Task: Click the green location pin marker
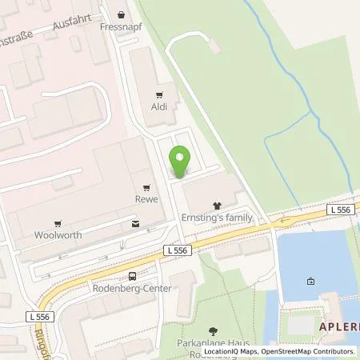(180, 162)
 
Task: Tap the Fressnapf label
(121, 26)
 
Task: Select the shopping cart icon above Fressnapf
(121, 14)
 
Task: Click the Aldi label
(158, 106)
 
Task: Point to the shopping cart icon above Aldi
(158, 94)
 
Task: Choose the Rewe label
(146, 199)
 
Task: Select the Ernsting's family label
(216, 218)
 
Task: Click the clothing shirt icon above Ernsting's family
(216, 206)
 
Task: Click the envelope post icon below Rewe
(134, 224)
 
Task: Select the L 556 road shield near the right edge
(339, 209)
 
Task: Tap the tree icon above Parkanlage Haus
(213, 330)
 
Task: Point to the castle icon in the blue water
(309, 281)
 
